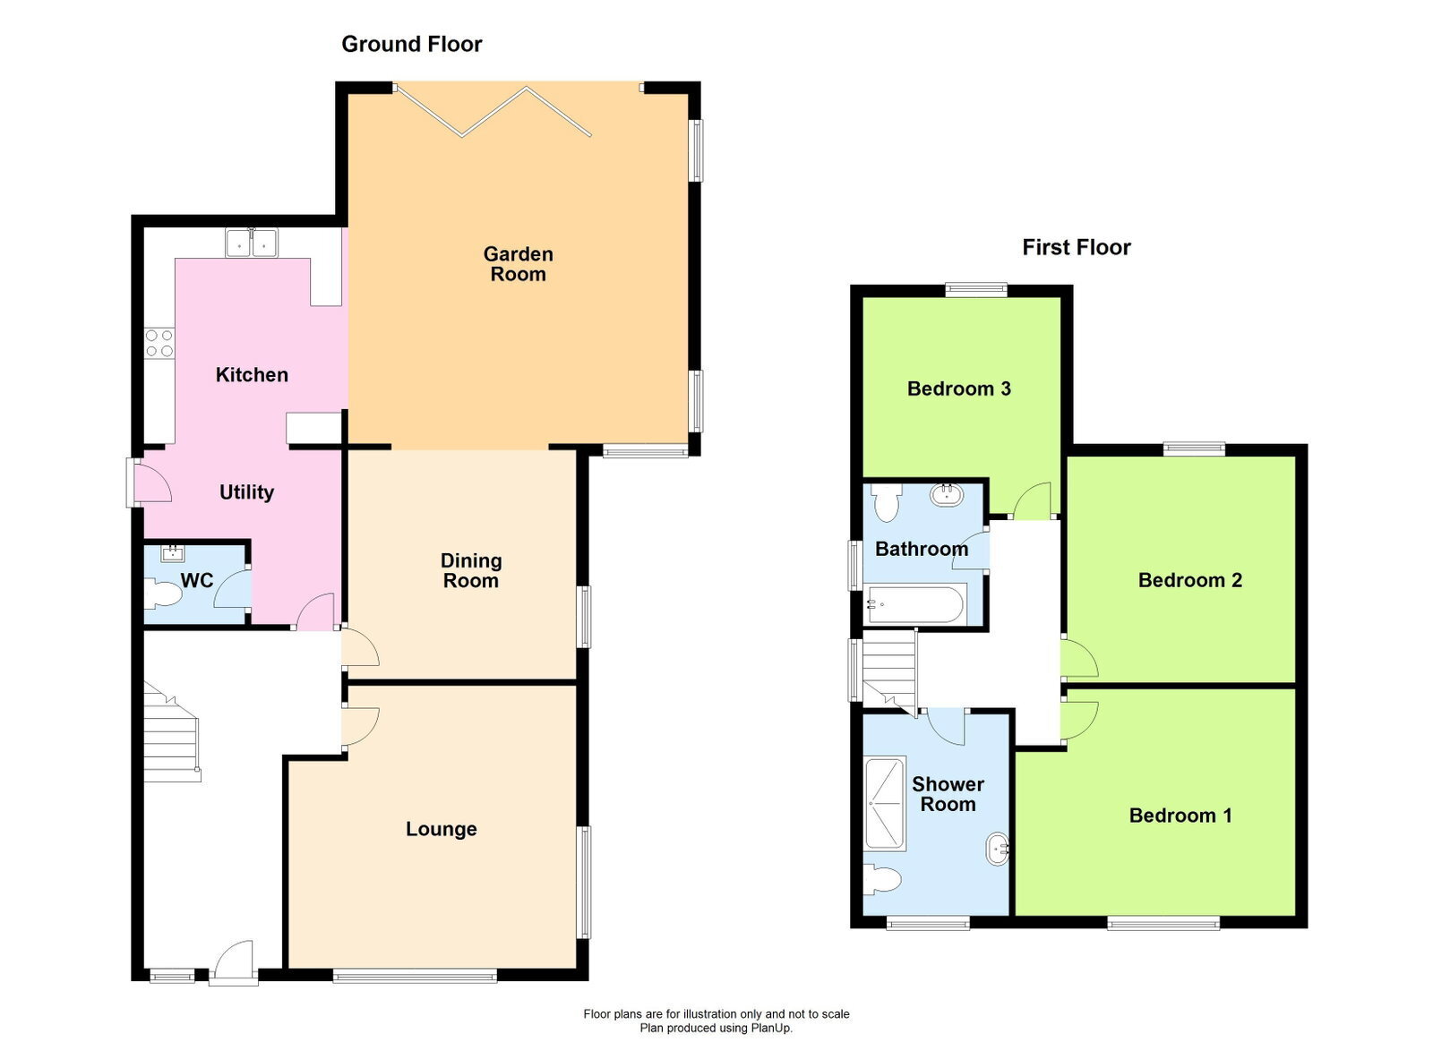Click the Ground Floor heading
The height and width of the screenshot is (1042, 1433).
click(x=411, y=44)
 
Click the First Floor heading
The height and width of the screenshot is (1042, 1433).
click(x=1076, y=247)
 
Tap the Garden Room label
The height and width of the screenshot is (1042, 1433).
click(x=519, y=264)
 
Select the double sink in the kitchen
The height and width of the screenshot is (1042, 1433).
click(x=252, y=243)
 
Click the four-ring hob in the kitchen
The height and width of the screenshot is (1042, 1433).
click(x=159, y=343)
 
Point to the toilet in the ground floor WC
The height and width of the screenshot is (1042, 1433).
click(x=163, y=594)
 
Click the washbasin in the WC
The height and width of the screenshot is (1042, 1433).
click(x=173, y=553)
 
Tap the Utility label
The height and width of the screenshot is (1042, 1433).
click(x=246, y=492)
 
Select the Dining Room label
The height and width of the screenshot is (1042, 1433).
click(x=471, y=570)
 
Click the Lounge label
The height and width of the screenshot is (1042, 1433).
click(x=442, y=829)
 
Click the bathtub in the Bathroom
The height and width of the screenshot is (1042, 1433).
click(x=914, y=603)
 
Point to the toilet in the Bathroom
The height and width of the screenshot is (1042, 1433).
click(x=886, y=502)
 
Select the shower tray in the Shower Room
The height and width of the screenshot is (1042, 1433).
click(x=885, y=804)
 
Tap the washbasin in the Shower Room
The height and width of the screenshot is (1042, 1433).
click(x=998, y=849)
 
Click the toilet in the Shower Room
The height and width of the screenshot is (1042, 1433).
click(x=882, y=880)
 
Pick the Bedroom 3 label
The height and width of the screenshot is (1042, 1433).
click(x=959, y=389)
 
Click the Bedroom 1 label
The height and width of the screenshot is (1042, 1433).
click(x=1180, y=816)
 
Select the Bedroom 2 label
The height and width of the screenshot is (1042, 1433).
click(x=1190, y=580)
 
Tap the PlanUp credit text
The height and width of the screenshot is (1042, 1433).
click(x=716, y=1029)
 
